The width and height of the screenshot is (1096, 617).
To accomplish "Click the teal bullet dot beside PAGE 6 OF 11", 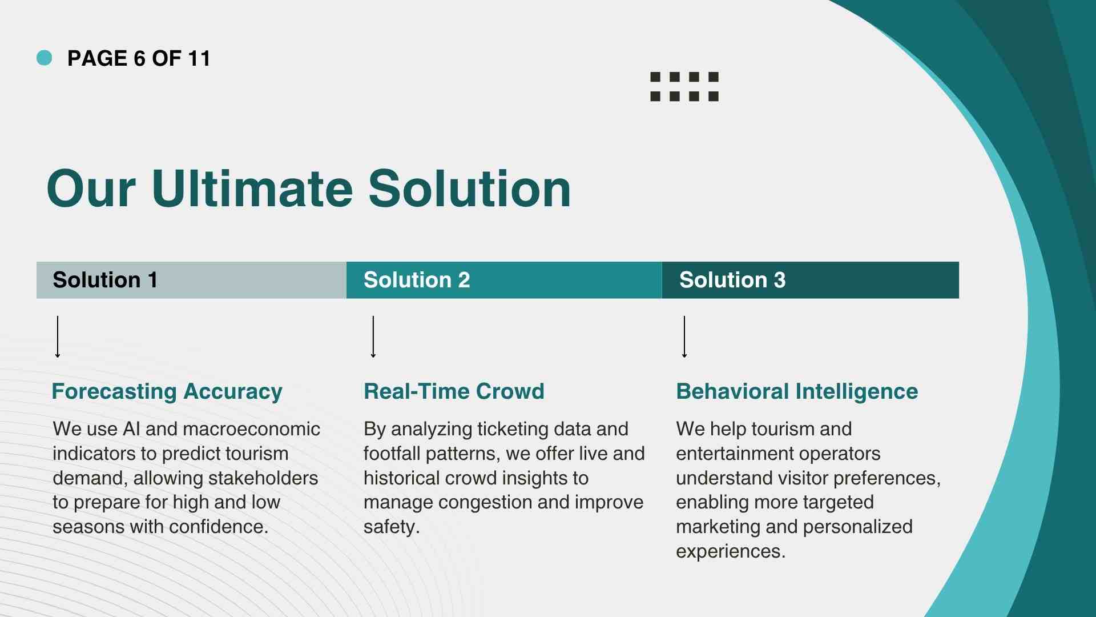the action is (x=44, y=58).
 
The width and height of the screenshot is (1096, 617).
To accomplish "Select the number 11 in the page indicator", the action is (x=199, y=58).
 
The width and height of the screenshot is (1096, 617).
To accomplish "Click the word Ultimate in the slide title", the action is (x=252, y=189).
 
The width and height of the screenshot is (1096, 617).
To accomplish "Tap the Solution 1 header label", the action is (x=105, y=280).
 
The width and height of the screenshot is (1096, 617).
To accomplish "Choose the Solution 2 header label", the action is (x=417, y=280).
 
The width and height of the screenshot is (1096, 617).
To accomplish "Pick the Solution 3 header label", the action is (x=732, y=280).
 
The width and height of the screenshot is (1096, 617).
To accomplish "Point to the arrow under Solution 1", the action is (x=58, y=337).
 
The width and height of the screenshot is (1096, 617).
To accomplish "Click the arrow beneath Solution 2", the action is (x=373, y=337).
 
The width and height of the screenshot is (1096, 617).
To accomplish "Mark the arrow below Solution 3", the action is (x=684, y=337).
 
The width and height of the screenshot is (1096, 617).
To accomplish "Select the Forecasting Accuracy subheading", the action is (x=167, y=392).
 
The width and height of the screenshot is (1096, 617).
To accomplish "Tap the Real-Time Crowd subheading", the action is (x=454, y=391).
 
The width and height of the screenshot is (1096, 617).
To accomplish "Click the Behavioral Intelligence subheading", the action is (x=797, y=392).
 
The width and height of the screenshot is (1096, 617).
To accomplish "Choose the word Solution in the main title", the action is (x=470, y=189).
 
